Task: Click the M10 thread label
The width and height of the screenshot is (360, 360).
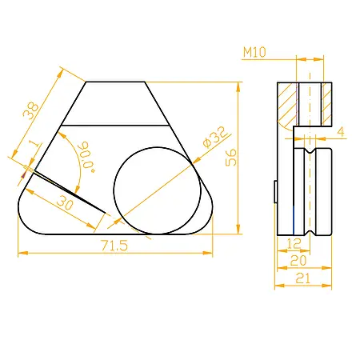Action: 254,52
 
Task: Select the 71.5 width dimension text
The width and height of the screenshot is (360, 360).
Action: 114,246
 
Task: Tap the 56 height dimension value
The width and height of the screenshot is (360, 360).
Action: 231,158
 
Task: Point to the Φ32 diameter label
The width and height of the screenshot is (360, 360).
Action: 215,137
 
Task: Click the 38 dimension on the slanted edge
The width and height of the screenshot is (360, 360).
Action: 30,110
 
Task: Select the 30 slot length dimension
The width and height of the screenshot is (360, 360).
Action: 65,202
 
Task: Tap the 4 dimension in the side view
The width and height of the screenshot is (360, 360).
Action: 341,132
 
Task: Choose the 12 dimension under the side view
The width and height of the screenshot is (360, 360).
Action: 294,243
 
